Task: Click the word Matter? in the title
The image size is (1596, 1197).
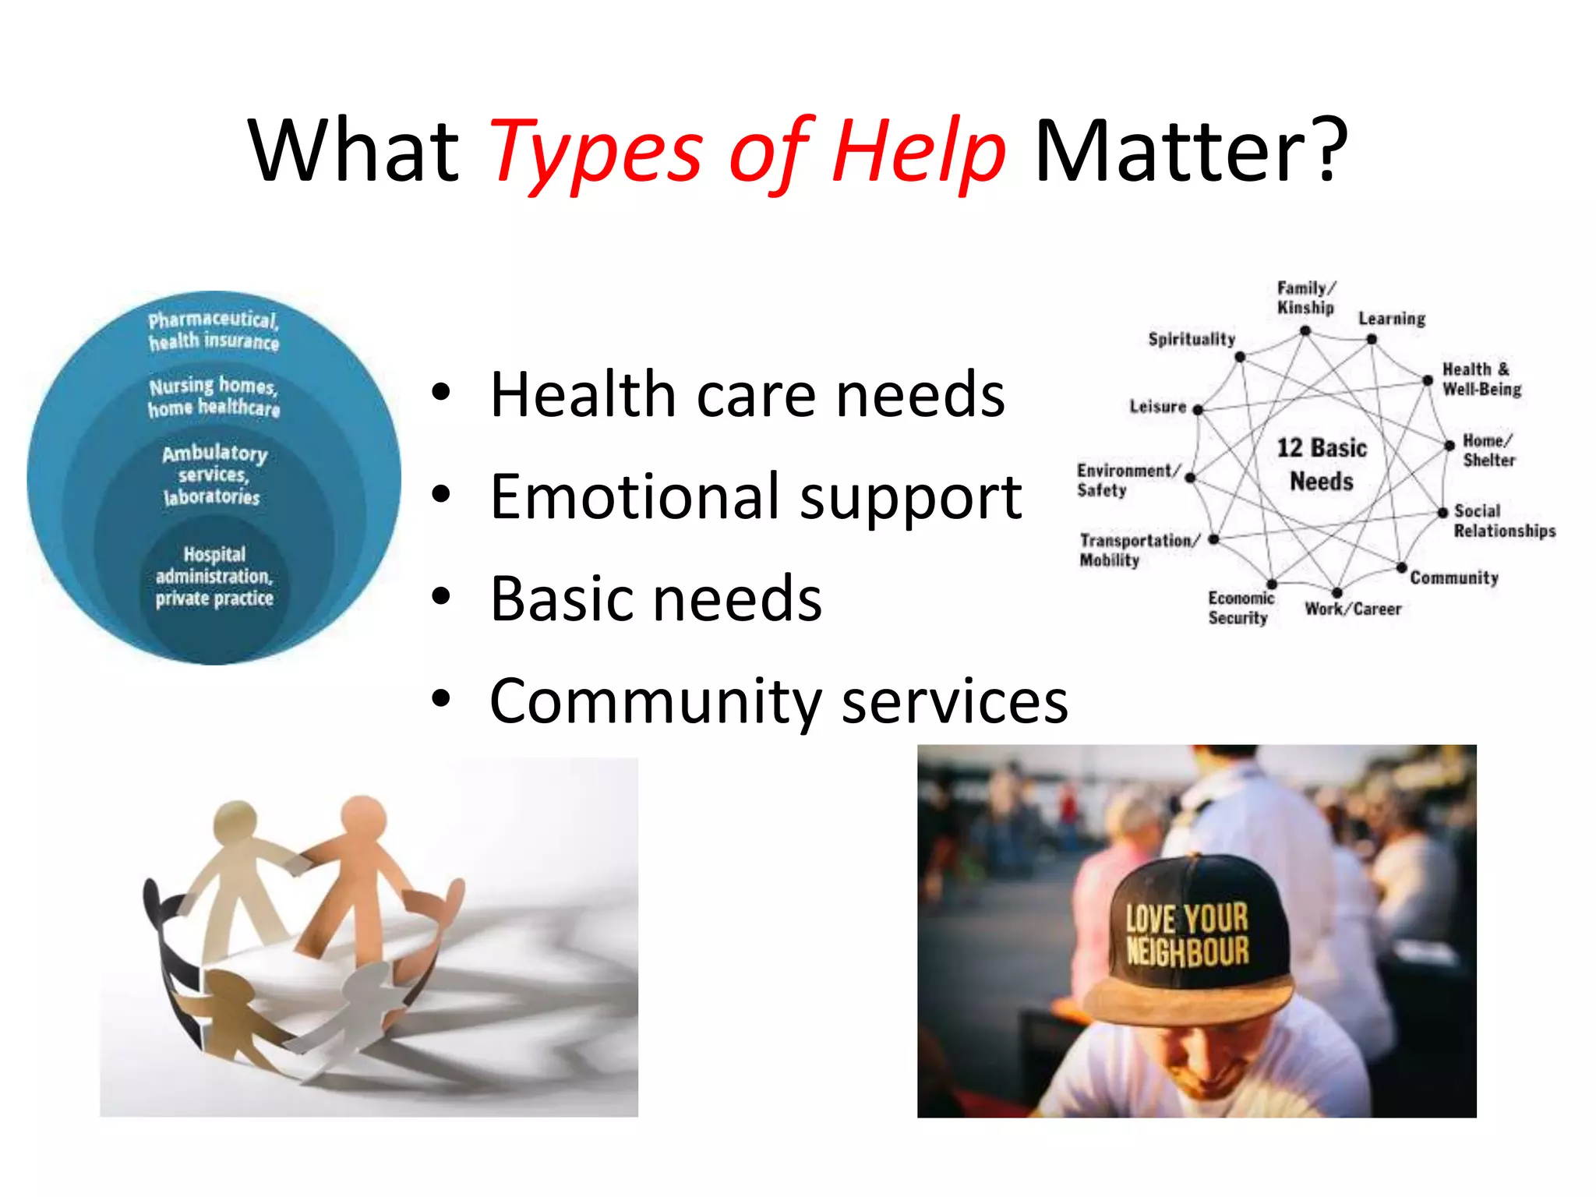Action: [1191, 151]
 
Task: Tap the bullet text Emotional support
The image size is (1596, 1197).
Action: [755, 497]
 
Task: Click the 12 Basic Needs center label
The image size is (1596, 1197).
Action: [1322, 464]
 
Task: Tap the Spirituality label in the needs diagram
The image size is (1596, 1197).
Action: [1192, 339]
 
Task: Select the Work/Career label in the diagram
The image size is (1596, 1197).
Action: [1353, 609]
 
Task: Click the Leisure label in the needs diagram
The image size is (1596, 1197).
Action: [1157, 407]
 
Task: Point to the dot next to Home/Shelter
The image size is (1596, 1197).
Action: [1449, 446]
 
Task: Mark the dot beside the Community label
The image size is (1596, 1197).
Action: [1401, 567]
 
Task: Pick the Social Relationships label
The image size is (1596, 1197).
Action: [1503, 521]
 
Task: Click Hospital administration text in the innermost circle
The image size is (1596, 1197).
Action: [214, 577]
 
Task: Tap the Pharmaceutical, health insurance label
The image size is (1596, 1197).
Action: [214, 330]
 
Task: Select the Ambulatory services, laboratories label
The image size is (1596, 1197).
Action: [214, 475]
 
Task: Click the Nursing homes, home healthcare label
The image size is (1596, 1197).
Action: [214, 397]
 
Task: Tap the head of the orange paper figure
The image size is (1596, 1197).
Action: [362, 819]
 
